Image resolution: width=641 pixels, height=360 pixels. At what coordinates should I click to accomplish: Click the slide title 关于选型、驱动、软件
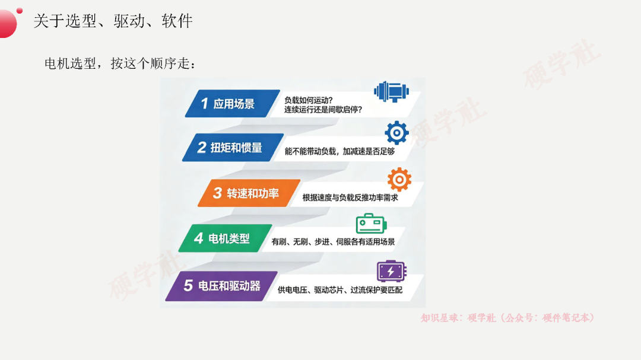113,21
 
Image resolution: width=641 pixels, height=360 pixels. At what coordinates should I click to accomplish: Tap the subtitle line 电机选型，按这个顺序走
120,63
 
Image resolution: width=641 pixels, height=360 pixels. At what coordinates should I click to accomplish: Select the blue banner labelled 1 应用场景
232,104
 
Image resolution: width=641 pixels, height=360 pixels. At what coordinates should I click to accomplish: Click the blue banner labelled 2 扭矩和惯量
233,148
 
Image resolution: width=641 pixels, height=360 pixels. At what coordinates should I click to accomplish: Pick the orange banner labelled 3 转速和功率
249,193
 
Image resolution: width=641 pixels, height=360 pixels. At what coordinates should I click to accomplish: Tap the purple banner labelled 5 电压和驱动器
221,286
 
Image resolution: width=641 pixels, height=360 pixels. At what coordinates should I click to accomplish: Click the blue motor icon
391,91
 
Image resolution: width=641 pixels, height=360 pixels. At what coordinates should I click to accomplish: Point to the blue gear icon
396,132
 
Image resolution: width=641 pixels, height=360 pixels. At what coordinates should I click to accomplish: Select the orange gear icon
399,179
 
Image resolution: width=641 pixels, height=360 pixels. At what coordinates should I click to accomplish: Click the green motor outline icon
371,224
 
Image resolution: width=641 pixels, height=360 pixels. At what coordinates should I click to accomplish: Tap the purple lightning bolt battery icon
391,271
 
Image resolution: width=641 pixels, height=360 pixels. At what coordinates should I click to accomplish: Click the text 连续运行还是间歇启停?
323,110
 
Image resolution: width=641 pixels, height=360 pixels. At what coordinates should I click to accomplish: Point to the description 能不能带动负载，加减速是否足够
339,152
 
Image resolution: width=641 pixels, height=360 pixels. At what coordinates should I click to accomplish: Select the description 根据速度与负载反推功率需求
350,197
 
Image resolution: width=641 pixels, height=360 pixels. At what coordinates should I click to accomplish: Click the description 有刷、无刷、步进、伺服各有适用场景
333,242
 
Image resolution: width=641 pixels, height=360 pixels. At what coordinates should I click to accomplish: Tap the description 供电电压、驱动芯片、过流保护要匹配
340,290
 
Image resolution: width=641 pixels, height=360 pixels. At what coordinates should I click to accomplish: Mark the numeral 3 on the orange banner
217,193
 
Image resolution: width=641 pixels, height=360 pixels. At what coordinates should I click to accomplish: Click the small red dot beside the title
19,11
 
